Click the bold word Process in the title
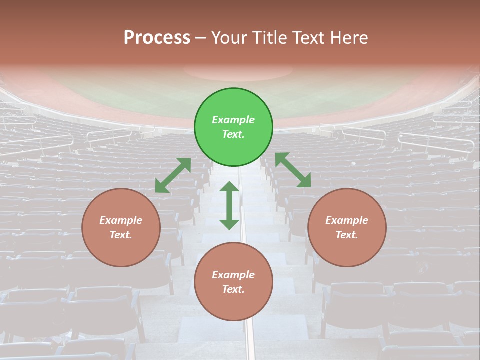[x=157, y=38]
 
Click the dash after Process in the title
[x=200, y=39]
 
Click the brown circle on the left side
[x=121, y=227]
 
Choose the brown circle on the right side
[x=347, y=227]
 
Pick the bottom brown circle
[x=233, y=281]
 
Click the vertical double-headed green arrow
[x=229, y=205]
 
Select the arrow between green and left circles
[x=173, y=175]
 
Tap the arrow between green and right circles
[x=293, y=170]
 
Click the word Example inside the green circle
[x=233, y=120]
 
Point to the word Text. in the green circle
[x=233, y=134]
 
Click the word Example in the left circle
[x=121, y=220]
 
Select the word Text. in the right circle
[x=347, y=235]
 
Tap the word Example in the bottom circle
[x=233, y=275]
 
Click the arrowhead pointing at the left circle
[x=160, y=187]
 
